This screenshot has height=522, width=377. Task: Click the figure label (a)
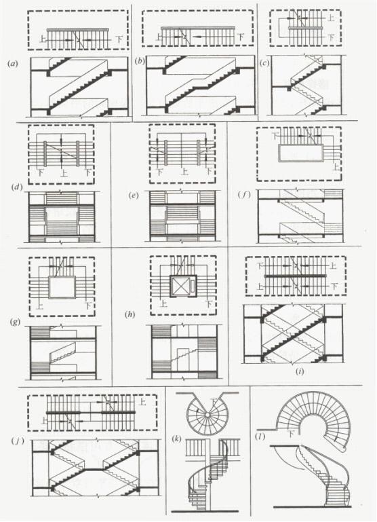click(14, 64)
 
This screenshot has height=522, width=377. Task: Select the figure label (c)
click(264, 63)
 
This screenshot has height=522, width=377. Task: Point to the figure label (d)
click(17, 187)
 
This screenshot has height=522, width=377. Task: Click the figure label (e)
click(134, 195)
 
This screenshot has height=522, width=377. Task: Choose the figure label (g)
click(16, 322)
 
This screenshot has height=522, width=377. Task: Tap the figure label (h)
click(130, 314)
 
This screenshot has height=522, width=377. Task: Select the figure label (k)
click(176, 439)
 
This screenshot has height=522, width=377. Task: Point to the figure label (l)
click(259, 436)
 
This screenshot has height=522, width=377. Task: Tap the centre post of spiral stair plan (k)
click(207, 415)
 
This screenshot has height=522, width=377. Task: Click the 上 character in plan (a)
click(43, 39)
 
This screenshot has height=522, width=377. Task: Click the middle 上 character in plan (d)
click(62, 173)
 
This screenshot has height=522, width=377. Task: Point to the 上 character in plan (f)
click(336, 166)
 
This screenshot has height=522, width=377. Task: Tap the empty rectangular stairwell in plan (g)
click(61, 287)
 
